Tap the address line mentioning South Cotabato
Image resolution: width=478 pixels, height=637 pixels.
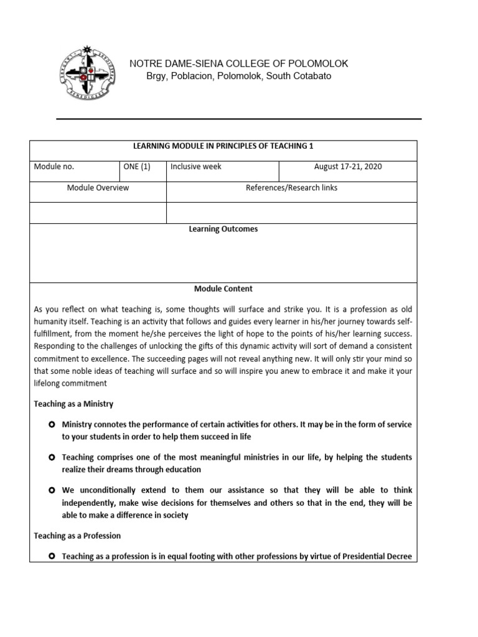tap(238, 76)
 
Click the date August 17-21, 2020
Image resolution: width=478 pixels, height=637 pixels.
tap(348, 167)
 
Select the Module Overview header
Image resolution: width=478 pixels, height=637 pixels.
tap(98, 187)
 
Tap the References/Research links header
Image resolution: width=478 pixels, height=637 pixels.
tap(291, 187)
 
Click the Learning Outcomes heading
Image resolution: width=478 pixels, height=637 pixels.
tap(223, 229)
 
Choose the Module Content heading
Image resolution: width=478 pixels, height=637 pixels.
tap(223, 289)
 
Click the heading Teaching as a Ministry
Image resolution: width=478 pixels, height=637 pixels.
tap(73, 404)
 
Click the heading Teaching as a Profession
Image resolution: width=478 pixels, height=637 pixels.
tap(77, 536)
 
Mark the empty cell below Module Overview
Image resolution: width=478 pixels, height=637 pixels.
tap(98, 212)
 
